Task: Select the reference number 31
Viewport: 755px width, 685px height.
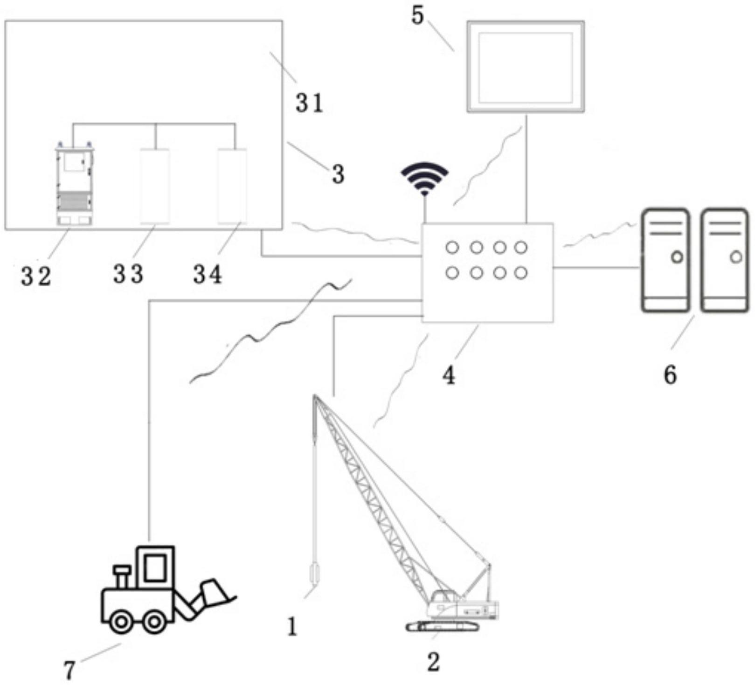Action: (309, 103)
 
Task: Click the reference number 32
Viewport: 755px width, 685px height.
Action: (36, 277)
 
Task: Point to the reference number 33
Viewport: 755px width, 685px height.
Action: (128, 275)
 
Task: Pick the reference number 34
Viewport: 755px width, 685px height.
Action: (208, 275)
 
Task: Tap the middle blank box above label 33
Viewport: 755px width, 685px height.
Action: (155, 186)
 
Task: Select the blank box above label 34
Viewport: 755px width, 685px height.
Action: (232, 186)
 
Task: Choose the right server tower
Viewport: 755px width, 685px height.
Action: (724, 260)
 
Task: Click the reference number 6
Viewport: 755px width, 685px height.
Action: (670, 374)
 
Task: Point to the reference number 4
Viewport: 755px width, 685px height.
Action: (449, 375)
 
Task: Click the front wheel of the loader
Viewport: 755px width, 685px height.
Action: (154, 621)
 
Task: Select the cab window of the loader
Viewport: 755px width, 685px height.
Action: (155, 567)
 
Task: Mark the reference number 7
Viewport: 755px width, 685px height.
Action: (69, 671)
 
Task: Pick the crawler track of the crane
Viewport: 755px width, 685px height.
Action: (442, 626)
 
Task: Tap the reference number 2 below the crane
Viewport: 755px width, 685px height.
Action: (434, 662)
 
